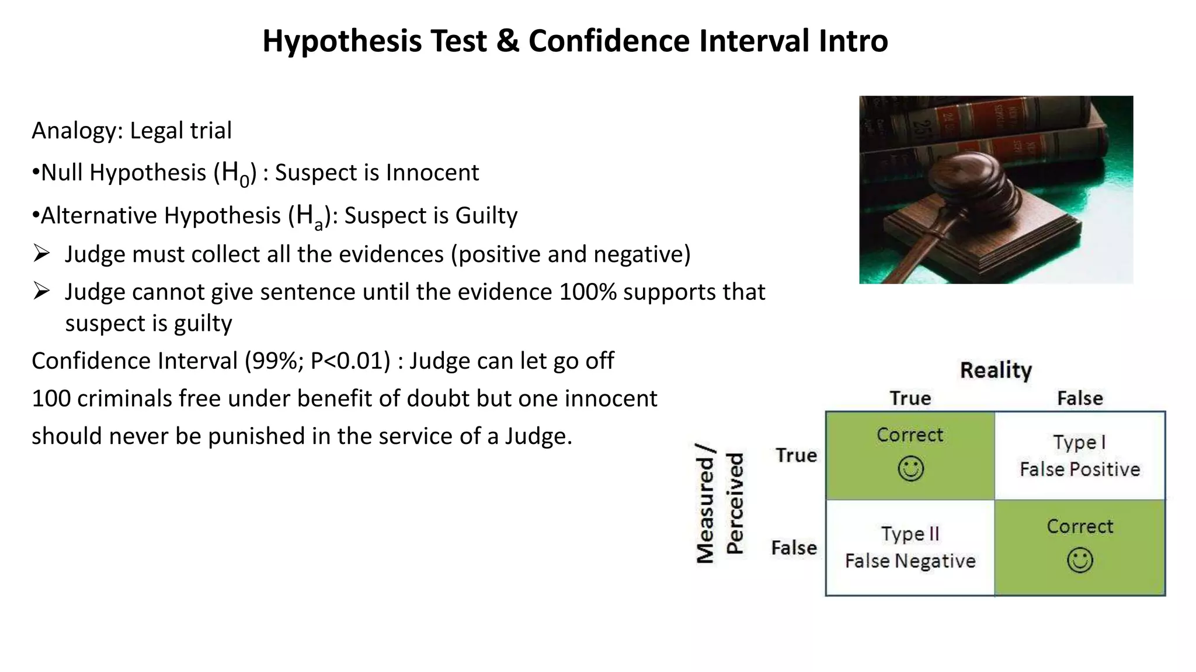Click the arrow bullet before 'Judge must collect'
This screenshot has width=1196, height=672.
pyautogui.click(x=41, y=254)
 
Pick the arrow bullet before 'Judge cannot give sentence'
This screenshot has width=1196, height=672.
pyautogui.click(x=41, y=291)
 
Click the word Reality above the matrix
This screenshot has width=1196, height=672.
pyautogui.click(x=996, y=370)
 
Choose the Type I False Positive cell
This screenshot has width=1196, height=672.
pyautogui.click(x=1079, y=456)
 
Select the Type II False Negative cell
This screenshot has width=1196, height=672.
pyautogui.click(x=910, y=548)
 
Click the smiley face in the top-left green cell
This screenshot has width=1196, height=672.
pyautogui.click(x=910, y=468)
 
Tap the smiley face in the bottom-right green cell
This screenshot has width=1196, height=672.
pyautogui.click(x=1079, y=560)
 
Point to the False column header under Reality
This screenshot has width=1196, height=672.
pyautogui.click(x=1080, y=399)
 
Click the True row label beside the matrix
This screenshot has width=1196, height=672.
pyautogui.click(x=795, y=456)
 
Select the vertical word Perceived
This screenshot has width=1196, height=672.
pyautogui.click(x=735, y=503)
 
